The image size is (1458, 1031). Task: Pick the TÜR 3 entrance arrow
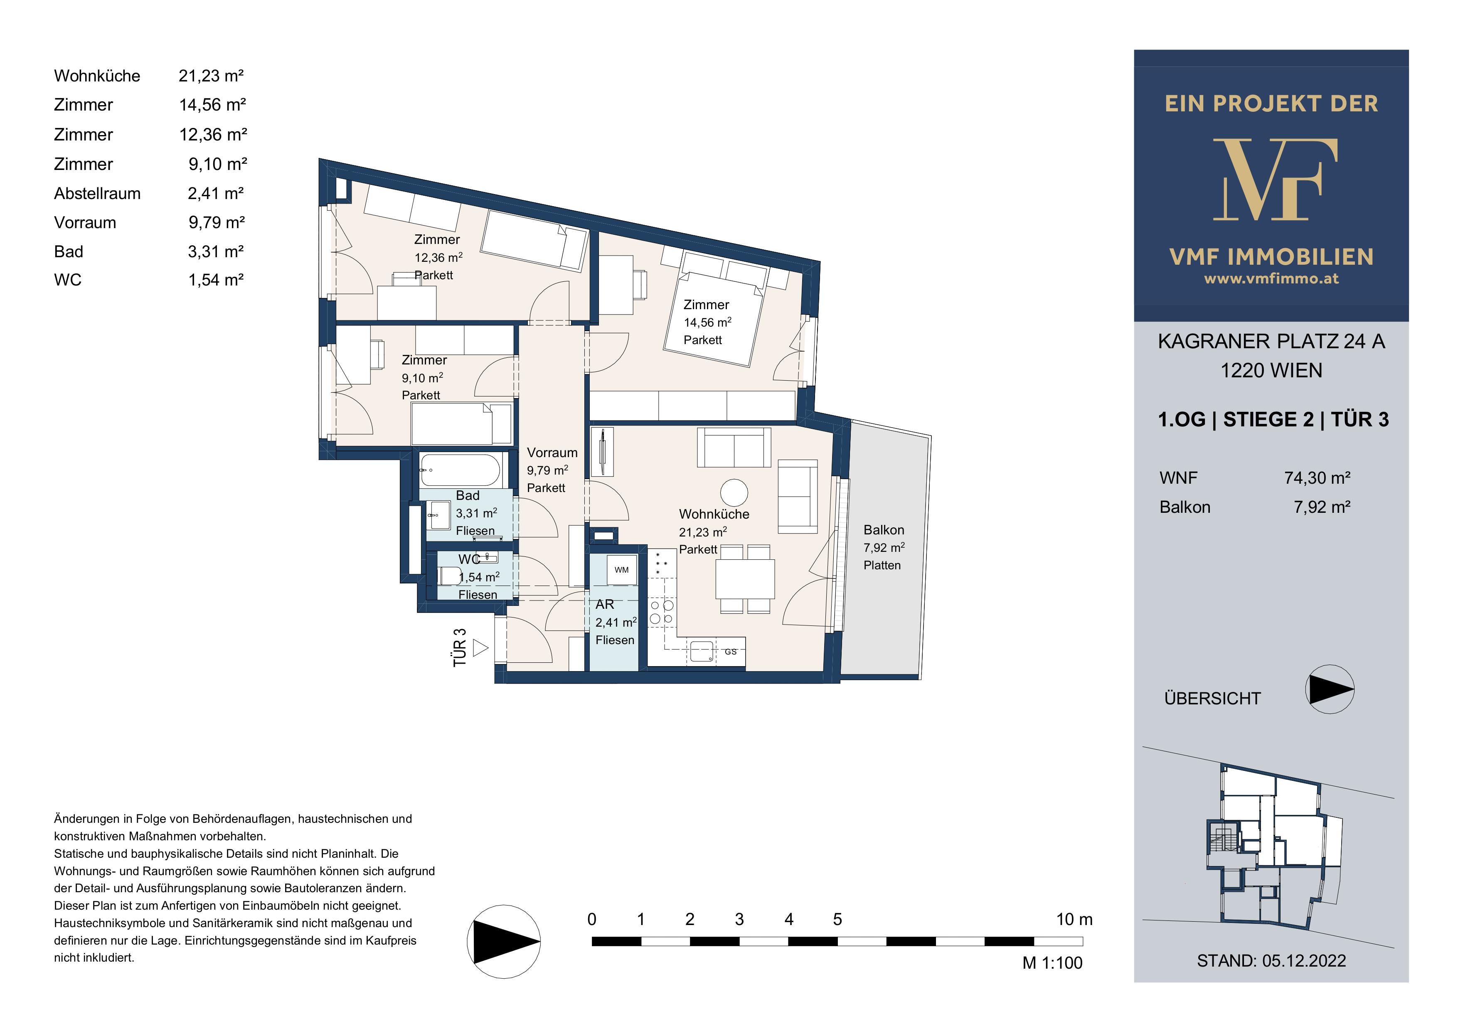point(481,648)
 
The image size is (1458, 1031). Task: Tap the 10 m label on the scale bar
point(1074,919)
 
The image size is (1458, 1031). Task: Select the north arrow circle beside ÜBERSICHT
point(1330,689)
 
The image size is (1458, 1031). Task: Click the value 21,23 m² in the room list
point(212,76)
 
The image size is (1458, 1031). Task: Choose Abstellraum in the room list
point(97,194)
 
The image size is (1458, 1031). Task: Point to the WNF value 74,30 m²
point(1317,478)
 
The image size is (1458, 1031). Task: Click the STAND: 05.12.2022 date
point(1271,960)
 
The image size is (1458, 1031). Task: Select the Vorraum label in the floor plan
point(552,453)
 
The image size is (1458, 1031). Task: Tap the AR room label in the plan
point(605,604)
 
